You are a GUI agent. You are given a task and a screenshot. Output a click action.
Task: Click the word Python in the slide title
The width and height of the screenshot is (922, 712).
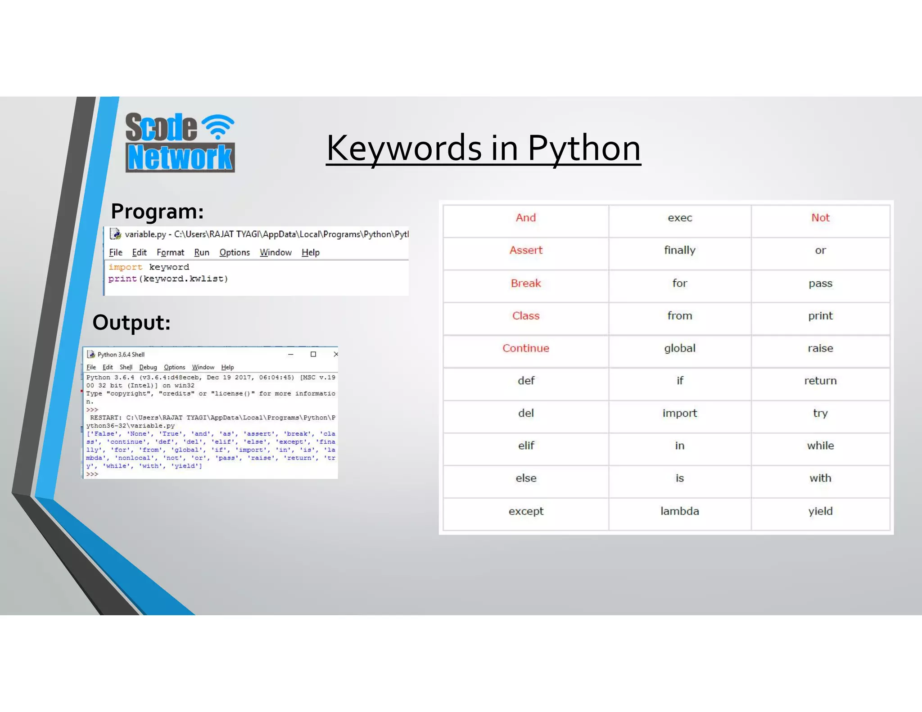click(584, 149)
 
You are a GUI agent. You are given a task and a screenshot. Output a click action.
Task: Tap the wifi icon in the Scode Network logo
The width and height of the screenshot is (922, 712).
click(218, 126)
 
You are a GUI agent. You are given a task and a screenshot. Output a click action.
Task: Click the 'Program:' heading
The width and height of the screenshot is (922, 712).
click(157, 211)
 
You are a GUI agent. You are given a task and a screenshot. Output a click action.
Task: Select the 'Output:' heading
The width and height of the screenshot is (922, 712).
click(131, 322)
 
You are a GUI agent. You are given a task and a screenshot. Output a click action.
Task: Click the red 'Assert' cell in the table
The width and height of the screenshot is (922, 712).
click(526, 250)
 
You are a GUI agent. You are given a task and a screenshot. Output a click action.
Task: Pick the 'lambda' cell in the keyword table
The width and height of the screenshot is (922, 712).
click(679, 511)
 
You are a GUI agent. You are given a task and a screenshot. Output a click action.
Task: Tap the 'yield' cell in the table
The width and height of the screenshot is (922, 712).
click(820, 511)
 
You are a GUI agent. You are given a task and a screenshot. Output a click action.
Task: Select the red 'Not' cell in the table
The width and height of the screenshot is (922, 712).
click(820, 218)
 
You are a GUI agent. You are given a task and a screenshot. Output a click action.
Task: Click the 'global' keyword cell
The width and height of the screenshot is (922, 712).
click(679, 348)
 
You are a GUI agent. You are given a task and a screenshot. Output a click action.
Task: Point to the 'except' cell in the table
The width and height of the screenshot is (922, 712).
click(526, 511)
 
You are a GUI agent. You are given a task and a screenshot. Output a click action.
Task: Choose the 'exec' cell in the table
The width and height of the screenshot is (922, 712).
click(679, 218)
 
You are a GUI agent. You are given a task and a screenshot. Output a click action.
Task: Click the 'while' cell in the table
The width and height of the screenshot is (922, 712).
click(820, 446)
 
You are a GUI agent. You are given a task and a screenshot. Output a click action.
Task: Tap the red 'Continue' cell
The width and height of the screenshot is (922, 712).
click(526, 348)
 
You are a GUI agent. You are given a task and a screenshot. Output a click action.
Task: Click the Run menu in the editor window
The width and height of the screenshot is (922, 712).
click(202, 252)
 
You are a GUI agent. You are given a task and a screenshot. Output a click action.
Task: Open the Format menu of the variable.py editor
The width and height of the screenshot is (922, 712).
click(170, 252)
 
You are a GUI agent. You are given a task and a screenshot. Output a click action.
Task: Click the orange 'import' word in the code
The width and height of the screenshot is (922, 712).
click(125, 267)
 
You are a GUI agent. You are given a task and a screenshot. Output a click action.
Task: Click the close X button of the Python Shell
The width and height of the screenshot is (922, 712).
click(335, 354)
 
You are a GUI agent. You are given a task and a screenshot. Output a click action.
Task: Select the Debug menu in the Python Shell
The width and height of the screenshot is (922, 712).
click(148, 367)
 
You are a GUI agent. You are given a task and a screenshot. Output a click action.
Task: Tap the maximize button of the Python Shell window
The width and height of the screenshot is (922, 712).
click(313, 354)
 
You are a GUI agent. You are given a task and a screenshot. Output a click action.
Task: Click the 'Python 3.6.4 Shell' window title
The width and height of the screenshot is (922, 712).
click(121, 355)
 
